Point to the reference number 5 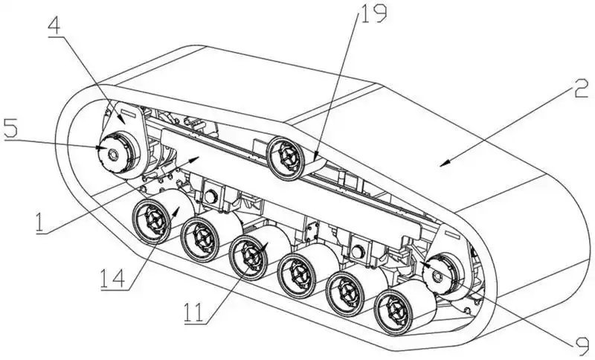coord(11,127)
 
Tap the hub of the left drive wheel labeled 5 coord(113,153)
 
